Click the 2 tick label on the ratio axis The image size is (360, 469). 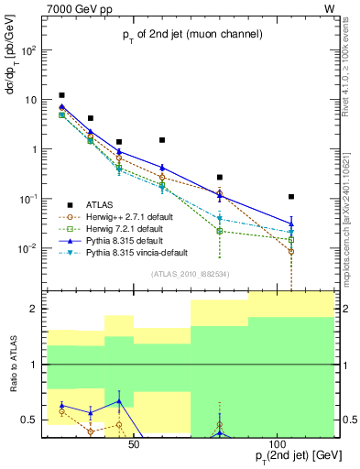(x=38, y=310)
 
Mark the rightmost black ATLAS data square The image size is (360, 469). (x=291, y=197)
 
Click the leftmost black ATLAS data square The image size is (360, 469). (x=61, y=95)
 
